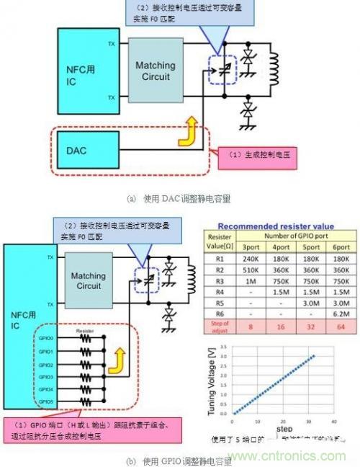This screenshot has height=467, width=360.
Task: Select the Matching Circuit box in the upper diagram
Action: [156, 71]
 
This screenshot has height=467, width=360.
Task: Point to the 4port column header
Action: [283, 245]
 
